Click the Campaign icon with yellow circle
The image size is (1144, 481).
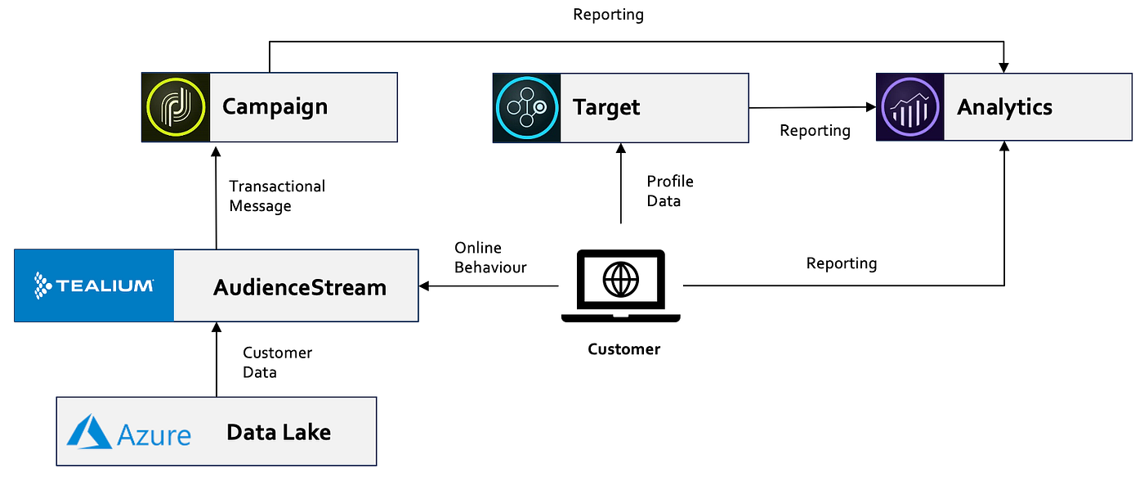176,107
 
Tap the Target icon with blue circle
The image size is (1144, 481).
527,108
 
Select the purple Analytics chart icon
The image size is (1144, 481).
910,107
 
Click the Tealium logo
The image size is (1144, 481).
94,285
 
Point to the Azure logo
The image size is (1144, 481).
129,432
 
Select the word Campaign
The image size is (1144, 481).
275,106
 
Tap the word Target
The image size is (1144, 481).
606,107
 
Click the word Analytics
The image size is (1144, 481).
1004,107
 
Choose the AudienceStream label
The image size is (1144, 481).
299,287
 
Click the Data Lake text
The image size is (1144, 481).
279,432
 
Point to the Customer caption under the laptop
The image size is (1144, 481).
623,349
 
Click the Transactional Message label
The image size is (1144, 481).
276,196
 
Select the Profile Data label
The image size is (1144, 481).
669,191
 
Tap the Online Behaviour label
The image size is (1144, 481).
490,257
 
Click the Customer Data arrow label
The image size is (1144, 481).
277,362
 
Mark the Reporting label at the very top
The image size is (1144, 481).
608,14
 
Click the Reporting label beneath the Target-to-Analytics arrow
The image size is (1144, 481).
815,131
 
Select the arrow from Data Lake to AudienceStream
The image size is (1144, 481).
217,360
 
